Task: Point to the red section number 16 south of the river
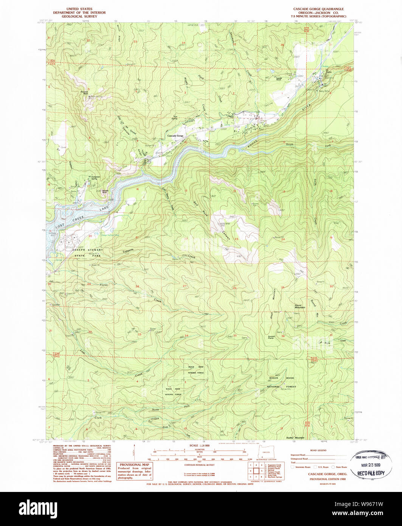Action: (x=138, y=189)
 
